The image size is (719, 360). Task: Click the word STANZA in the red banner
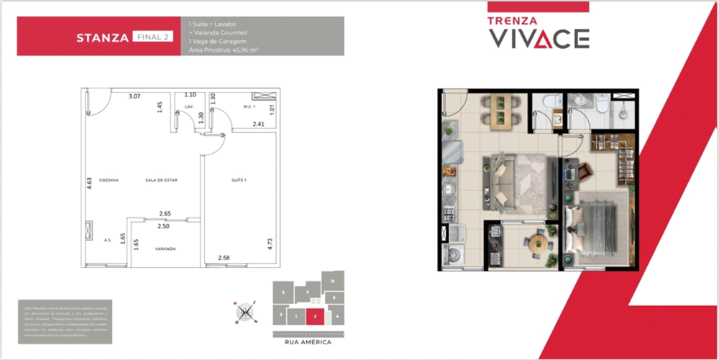click(102, 37)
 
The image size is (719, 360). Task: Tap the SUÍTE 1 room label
click(239, 180)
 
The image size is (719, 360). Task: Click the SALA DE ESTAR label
click(158, 180)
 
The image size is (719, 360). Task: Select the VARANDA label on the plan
click(165, 249)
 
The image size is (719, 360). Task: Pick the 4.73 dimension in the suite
click(269, 243)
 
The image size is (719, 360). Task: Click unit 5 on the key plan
click(285, 292)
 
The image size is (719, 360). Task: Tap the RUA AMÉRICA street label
click(307, 343)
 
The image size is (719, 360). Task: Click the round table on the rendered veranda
click(537, 243)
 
